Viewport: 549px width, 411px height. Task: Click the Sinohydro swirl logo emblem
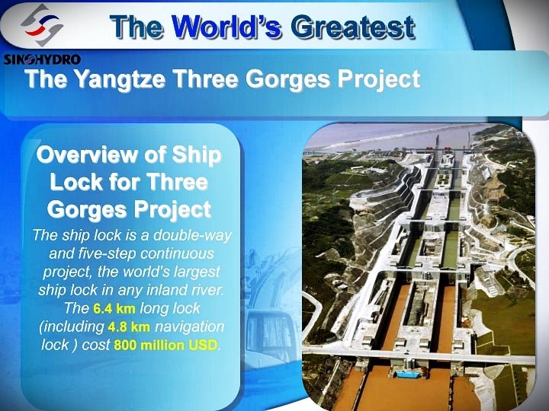point(42,25)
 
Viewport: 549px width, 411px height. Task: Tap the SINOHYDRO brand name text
point(42,59)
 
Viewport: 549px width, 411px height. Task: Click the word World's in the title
point(226,27)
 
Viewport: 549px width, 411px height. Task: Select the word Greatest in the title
point(354,27)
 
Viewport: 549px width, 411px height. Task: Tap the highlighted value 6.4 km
point(114,309)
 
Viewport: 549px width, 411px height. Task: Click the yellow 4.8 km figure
point(129,327)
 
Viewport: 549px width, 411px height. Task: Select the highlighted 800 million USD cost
point(165,346)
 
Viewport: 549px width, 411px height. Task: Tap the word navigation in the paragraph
point(189,327)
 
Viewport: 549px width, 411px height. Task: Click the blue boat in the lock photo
point(406,374)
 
